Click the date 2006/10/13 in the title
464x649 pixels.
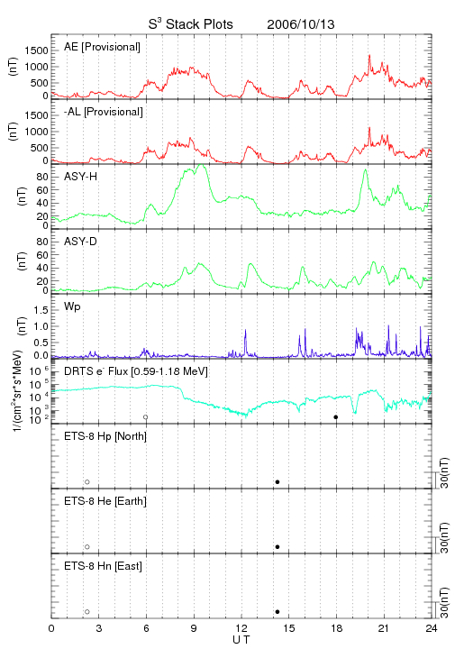click(301, 24)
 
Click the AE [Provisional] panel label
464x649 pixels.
click(102, 47)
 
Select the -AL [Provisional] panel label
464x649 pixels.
click(104, 112)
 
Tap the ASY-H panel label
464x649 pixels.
click(81, 177)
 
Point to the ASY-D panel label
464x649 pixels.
click(81, 242)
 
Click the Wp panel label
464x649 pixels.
click(72, 306)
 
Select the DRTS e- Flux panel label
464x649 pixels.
click(136, 371)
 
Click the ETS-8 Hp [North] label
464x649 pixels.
click(105, 436)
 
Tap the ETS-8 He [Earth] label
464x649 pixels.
click(105, 501)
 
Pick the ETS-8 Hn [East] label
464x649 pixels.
click(103, 566)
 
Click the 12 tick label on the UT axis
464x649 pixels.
click(241, 628)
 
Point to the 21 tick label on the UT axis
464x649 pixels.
click(384, 628)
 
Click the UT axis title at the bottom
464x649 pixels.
click(241, 640)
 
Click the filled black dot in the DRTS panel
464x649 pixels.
click(336, 417)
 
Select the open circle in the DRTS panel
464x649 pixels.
click(146, 417)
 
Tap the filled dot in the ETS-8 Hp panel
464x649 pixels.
click(277, 481)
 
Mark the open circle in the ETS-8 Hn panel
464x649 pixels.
click(87, 612)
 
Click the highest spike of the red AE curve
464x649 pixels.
click(369, 55)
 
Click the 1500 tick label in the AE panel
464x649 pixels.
click(36, 50)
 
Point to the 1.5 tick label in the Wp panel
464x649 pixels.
click(41, 310)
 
